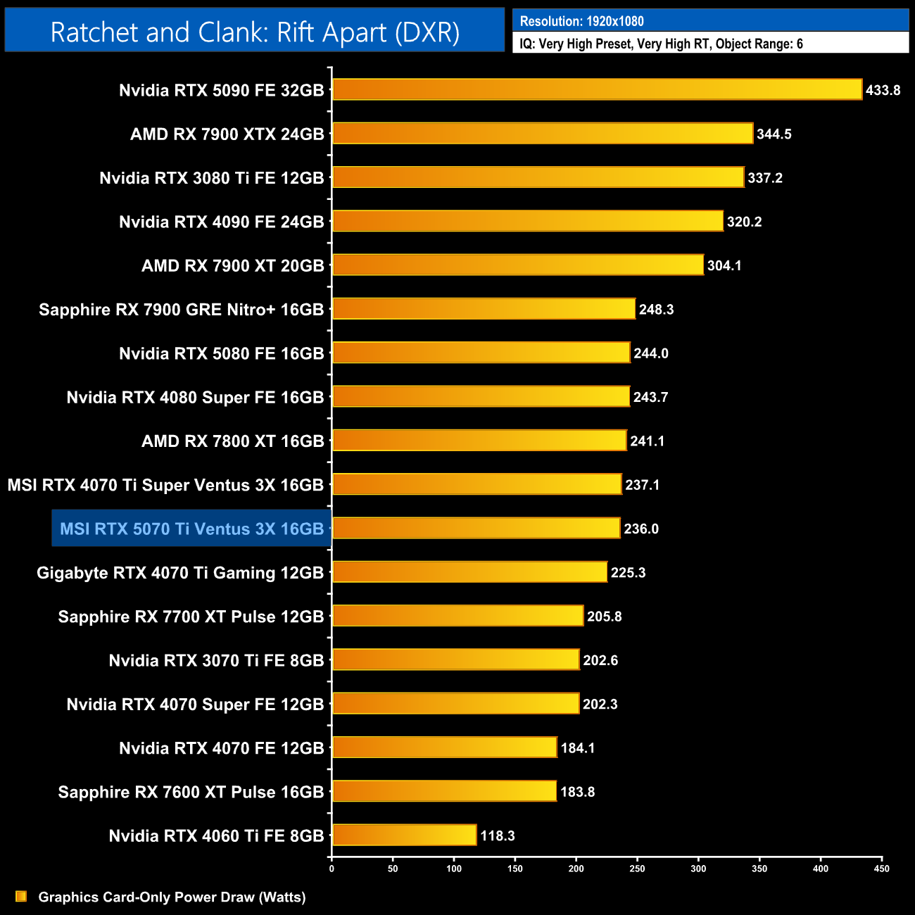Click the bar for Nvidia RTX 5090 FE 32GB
[597, 89]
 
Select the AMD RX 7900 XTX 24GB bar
[542, 134]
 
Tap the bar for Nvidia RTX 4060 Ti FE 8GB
[404, 835]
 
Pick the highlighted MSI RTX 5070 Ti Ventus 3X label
[191, 529]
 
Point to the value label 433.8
[883, 90]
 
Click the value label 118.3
[497, 835]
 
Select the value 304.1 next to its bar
[724, 265]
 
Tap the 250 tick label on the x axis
[637, 869]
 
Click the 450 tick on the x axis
[881, 869]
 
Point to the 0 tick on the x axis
[332, 869]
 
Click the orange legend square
[21, 897]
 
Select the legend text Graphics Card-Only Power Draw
[172, 897]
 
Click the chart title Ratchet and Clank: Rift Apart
[255, 32]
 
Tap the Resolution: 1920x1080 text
[581, 21]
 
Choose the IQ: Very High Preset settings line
[661, 44]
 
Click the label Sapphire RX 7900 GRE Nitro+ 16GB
[181, 310]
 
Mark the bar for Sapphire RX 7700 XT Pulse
[458, 616]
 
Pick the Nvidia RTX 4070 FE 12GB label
[221, 748]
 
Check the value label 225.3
[628, 572]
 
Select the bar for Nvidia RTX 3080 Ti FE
[538, 177]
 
